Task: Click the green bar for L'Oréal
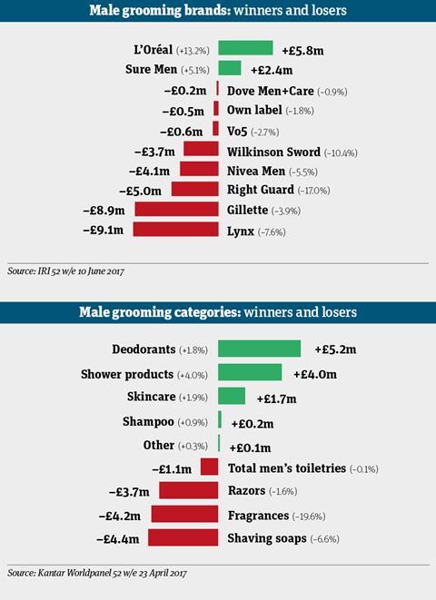pyautogui.click(x=245, y=48)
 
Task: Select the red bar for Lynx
pyautogui.click(x=175, y=230)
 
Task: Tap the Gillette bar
pyautogui.click(x=176, y=210)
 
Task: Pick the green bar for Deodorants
pyautogui.click(x=259, y=349)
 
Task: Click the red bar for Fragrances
pyautogui.click(x=184, y=514)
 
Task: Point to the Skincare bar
pyautogui.click(x=232, y=396)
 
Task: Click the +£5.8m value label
pyautogui.click(x=302, y=51)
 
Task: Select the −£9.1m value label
pyautogui.click(x=104, y=230)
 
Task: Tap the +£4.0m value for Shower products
pyautogui.click(x=315, y=374)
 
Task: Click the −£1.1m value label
pyautogui.click(x=172, y=468)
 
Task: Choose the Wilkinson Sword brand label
pyautogui.click(x=273, y=152)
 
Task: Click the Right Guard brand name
pyautogui.click(x=261, y=190)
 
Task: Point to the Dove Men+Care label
pyautogui.click(x=271, y=91)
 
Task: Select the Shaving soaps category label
pyautogui.click(x=267, y=538)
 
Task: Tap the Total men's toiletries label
pyautogui.click(x=287, y=468)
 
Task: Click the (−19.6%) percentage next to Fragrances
pyautogui.click(x=309, y=516)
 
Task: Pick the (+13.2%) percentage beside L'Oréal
pyautogui.click(x=193, y=51)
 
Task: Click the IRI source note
pyautogui.click(x=65, y=271)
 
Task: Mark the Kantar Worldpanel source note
pyautogui.click(x=97, y=573)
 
